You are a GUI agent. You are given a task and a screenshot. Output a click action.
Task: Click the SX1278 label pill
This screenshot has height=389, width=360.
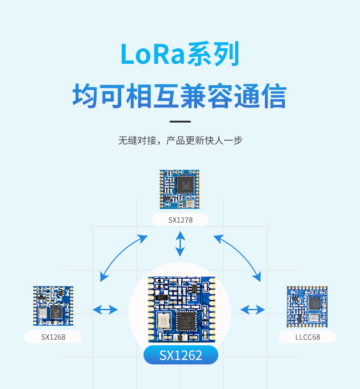coord(180,220)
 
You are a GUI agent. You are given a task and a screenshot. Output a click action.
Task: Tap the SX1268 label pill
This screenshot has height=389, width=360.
coord(53,337)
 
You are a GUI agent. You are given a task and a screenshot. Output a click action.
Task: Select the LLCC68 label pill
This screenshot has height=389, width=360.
coord(307,337)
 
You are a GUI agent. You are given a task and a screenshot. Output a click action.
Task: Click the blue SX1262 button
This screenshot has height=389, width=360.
coord(181,355)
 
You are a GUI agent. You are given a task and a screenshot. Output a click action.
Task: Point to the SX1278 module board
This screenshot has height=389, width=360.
coord(180,189)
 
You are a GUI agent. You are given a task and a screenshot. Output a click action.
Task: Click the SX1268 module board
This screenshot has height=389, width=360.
coord(53,306)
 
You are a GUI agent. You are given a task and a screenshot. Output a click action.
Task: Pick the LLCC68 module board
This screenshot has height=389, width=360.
coord(307,307)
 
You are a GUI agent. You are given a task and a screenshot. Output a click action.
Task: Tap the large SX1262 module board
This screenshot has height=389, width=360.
coord(181,310)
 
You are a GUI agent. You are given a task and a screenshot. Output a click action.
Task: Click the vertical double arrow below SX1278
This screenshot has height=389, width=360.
coord(180,243)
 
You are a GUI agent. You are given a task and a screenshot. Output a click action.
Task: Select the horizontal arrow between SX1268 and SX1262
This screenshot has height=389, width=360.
coord(105,310)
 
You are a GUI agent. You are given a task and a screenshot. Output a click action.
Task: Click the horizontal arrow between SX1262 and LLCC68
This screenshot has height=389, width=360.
coord(253,310)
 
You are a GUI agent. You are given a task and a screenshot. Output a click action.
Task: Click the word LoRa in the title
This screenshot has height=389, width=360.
coord(153,54)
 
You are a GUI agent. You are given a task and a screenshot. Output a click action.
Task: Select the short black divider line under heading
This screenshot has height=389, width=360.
coord(180,122)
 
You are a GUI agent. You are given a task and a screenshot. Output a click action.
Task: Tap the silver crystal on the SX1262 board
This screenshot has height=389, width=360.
coord(164,321)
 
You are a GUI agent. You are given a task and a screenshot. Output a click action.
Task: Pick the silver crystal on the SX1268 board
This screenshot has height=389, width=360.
coord(42,313)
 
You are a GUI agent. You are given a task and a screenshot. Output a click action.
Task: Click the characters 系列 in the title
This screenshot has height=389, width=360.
coord(213,54)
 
